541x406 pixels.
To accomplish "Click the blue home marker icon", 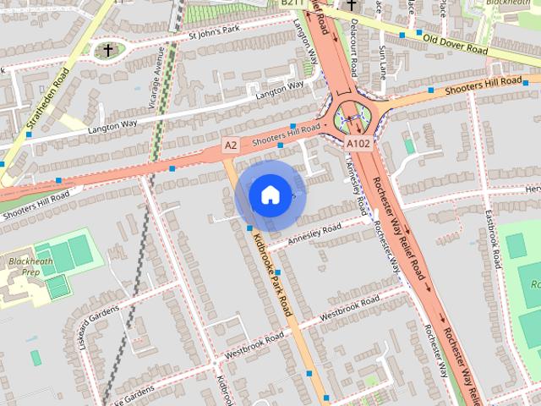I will point(270,195).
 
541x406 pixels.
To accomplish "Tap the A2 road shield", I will point(231,146).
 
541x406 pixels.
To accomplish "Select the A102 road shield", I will point(358,145).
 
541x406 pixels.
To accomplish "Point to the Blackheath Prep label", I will point(25,266).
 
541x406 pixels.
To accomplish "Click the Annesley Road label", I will point(314,234).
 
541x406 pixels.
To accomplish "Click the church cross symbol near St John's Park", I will point(108,50).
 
